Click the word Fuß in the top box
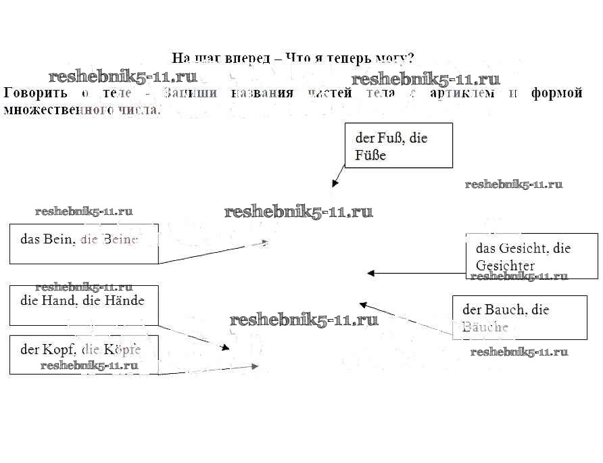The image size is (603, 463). (387, 138)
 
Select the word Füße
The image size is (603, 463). (370, 155)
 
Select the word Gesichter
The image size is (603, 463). (505, 266)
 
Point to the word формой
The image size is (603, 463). (557, 93)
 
